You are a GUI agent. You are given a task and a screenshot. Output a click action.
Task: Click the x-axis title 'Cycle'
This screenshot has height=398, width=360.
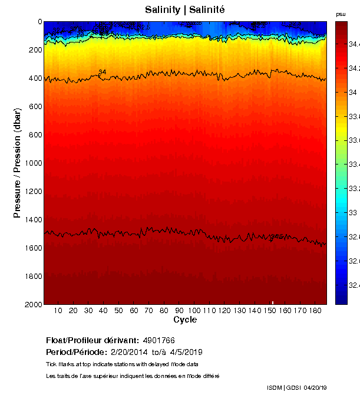click(185, 320)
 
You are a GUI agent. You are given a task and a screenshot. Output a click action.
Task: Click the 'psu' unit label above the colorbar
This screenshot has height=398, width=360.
click(341, 14)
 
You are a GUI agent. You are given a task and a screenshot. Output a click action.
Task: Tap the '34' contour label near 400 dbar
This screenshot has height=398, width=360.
click(103, 72)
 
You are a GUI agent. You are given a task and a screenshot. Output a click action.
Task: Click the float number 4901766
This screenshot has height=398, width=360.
click(158, 341)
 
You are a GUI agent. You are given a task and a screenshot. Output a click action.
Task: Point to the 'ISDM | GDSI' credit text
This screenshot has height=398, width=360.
click(283, 387)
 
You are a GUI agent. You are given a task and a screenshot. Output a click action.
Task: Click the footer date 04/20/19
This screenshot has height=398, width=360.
click(315, 387)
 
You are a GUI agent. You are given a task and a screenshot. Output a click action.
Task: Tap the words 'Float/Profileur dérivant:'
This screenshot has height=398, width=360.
click(92, 341)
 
